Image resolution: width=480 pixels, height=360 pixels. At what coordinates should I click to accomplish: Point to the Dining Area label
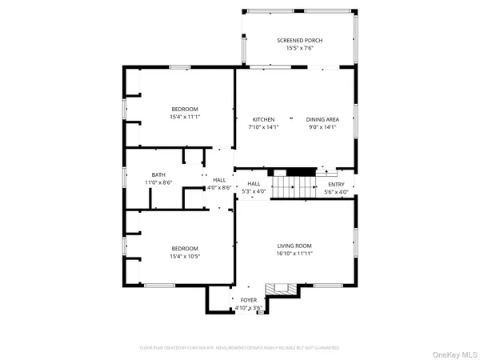(322, 118)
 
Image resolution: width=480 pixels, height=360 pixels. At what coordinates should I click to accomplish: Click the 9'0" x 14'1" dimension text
(322, 126)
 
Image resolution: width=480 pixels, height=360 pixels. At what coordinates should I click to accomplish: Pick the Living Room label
(294, 246)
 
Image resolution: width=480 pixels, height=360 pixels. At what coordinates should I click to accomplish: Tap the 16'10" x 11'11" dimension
(294, 254)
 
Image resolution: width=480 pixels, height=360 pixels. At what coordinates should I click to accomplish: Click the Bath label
(158, 174)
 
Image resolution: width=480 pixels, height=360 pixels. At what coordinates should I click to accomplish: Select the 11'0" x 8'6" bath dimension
(158, 182)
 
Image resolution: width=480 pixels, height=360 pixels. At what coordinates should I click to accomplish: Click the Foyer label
(248, 299)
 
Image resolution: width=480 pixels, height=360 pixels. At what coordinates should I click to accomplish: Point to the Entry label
(336, 184)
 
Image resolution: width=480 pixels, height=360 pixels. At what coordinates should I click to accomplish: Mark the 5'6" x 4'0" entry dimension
(336, 192)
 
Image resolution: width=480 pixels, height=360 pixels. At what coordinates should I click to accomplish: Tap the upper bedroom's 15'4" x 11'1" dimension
(184, 117)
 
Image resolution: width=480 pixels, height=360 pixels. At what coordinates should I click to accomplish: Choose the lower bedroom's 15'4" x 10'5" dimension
(184, 256)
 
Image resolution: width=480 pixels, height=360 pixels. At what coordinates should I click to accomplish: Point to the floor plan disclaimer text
(239, 348)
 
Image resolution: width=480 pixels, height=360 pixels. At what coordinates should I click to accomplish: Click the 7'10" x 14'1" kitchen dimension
(264, 126)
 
